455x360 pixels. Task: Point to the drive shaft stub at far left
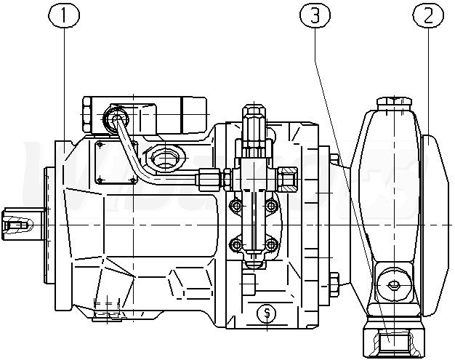(17, 223)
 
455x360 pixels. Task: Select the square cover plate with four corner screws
(116, 163)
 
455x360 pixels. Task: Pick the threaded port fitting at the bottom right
(393, 339)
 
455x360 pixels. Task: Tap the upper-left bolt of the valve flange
(234, 207)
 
